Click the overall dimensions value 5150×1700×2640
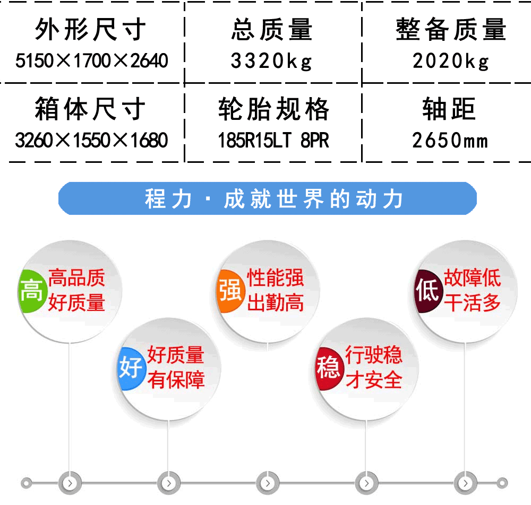click(x=91, y=61)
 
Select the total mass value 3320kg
click(x=271, y=61)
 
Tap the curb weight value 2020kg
click(x=451, y=61)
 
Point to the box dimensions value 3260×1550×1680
click(x=91, y=140)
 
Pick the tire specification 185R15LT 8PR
click(x=273, y=140)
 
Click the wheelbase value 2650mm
click(x=450, y=140)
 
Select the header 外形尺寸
click(x=90, y=29)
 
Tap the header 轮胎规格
click(x=273, y=109)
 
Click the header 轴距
click(x=449, y=109)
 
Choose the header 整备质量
click(x=451, y=29)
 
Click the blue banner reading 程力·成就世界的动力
click(x=268, y=198)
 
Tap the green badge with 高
click(x=31, y=291)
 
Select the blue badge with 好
click(x=131, y=368)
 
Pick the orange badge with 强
click(x=230, y=291)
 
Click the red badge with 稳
click(x=329, y=368)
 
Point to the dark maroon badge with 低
click(x=428, y=291)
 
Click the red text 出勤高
click(x=276, y=302)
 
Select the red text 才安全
click(x=374, y=379)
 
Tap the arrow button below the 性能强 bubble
click(x=268, y=483)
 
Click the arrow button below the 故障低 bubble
click(x=465, y=483)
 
